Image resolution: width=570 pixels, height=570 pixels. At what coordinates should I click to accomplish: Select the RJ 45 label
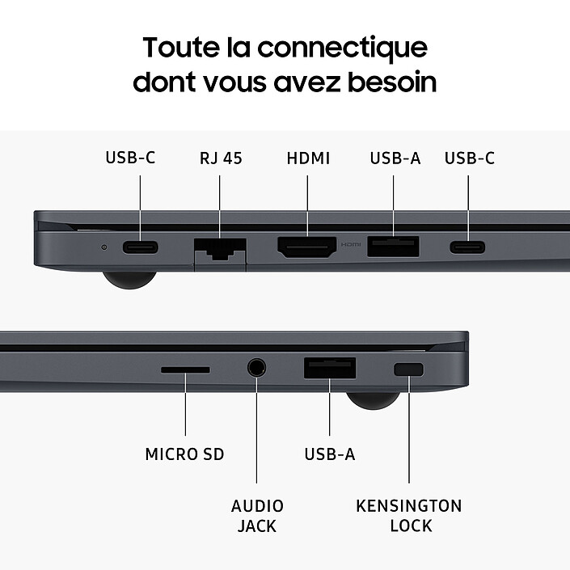pyautogui.click(x=221, y=158)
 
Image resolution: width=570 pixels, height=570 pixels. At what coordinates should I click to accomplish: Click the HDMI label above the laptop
pyautogui.click(x=308, y=158)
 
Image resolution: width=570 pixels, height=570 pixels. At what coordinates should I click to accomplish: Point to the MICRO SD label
pyautogui.click(x=184, y=454)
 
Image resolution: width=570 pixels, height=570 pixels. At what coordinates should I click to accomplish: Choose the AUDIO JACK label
pyautogui.click(x=257, y=516)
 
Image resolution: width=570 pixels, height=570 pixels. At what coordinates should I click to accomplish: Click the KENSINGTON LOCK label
pyautogui.click(x=409, y=516)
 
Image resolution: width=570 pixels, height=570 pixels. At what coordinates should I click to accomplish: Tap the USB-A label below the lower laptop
pyautogui.click(x=330, y=454)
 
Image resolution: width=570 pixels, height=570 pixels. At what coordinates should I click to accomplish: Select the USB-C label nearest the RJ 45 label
pyautogui.click(x=130, y=158)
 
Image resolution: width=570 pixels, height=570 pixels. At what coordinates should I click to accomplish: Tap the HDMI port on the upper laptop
pyautogui.click(x=307, y=247)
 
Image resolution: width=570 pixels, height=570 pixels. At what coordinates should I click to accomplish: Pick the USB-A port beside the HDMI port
pyautogui.click(x=394, y=246)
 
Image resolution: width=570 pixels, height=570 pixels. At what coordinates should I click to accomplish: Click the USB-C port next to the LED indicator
pyautogui.click(x=141, y=247)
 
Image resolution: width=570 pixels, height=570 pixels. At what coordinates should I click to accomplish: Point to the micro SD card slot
pyautogui.click(x=185, y=369)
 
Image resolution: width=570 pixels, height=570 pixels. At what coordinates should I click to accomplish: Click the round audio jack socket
pyautogui.click(x=257, y=368)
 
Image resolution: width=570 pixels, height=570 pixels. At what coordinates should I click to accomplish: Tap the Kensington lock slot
pyautogui.click(x=408, y=369)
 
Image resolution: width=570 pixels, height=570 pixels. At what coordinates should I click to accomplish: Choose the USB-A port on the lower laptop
pyautogui.click(x=330, y=368)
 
